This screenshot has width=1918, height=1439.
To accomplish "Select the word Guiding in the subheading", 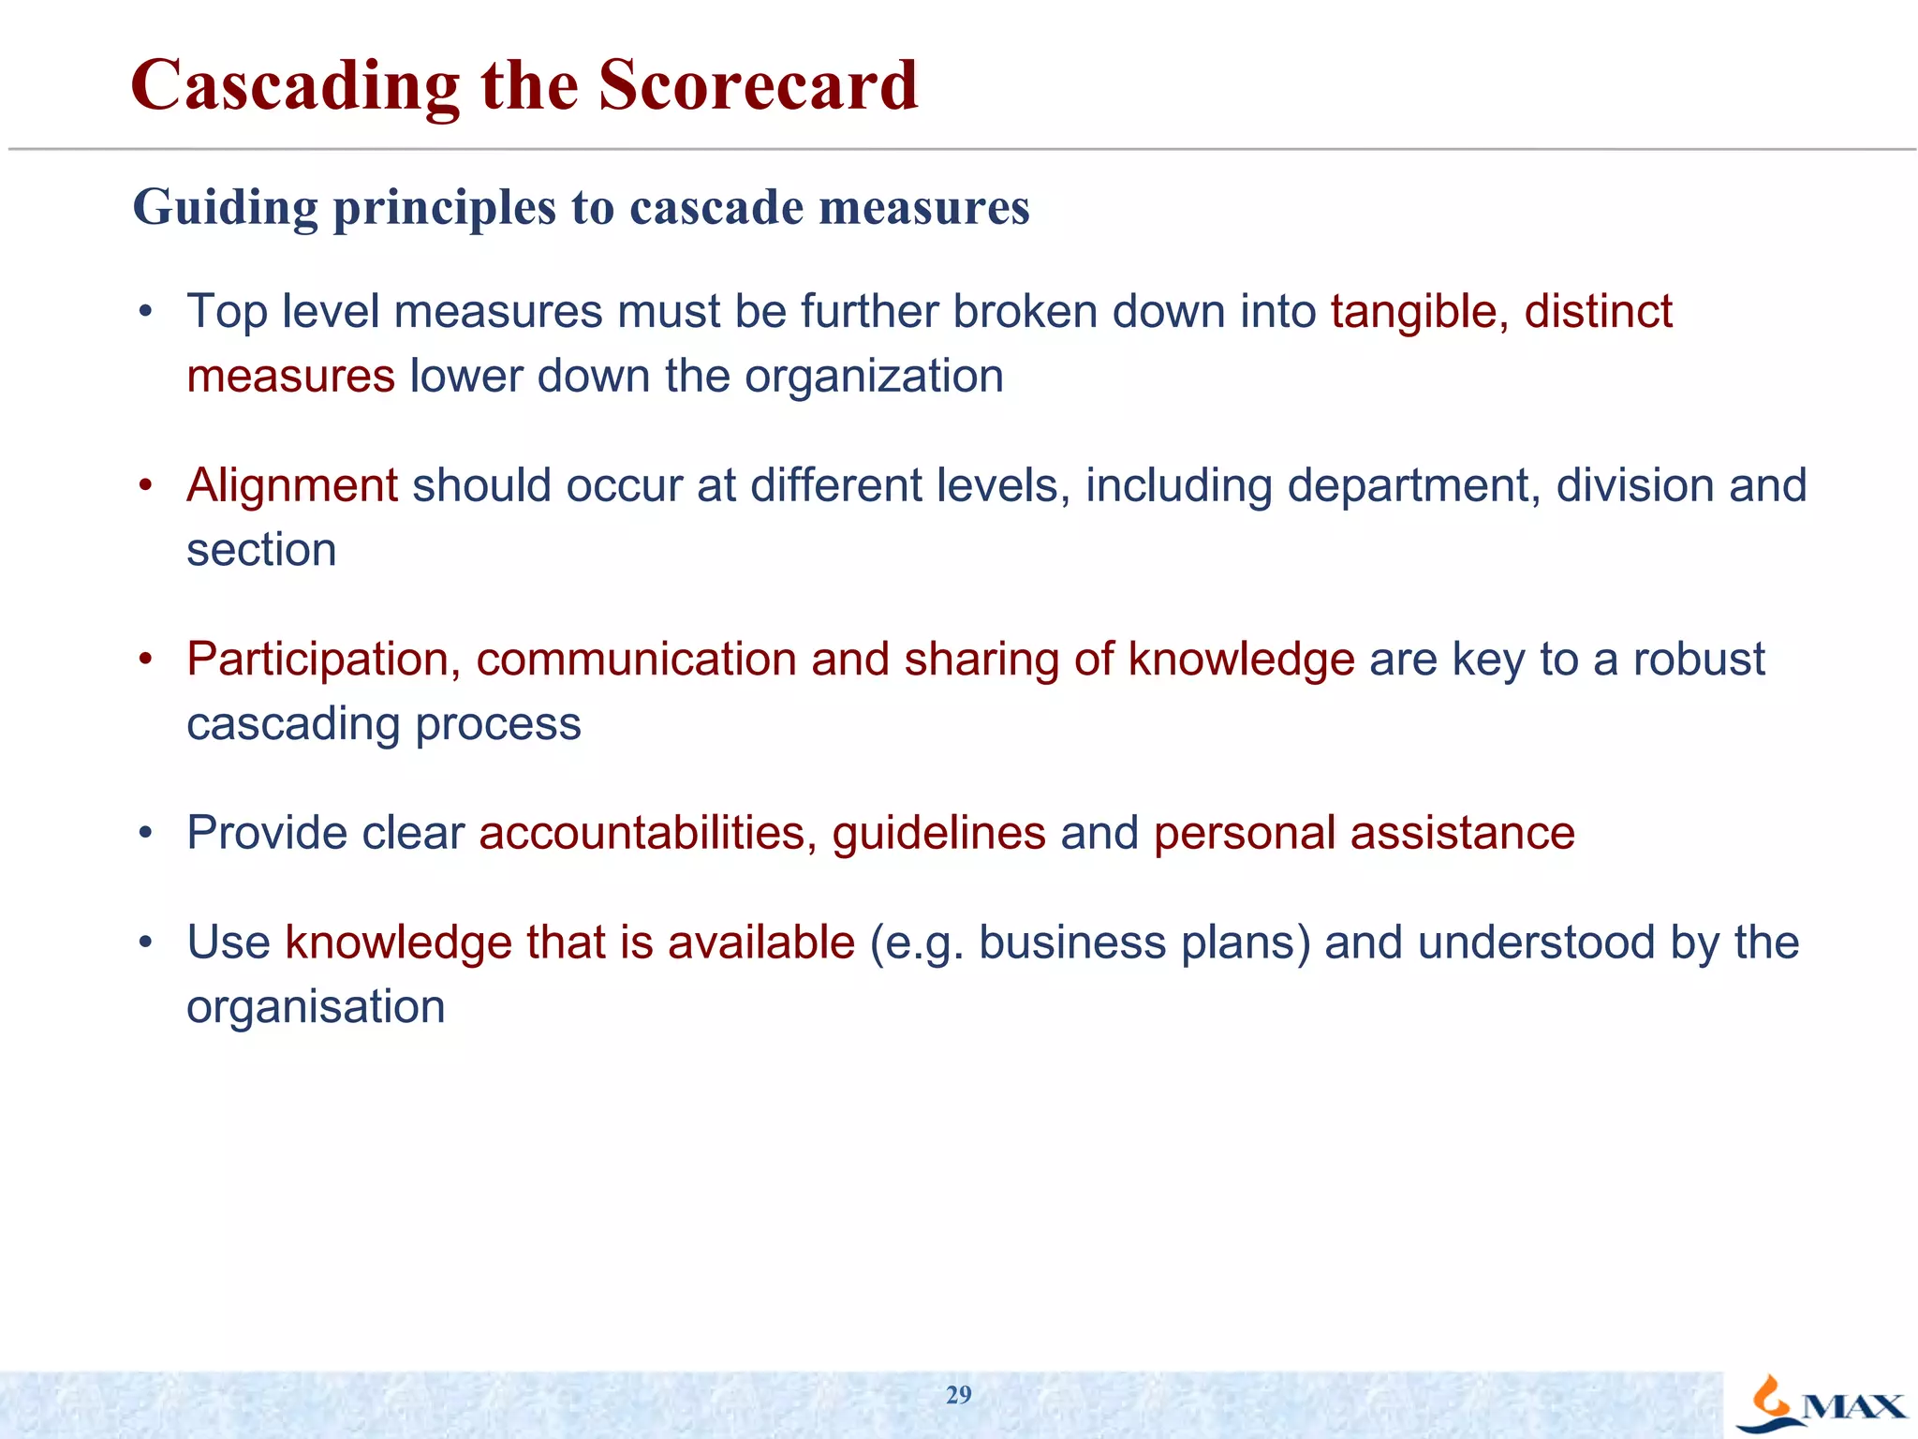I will (226, 208).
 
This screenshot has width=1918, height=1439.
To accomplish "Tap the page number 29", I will (958, 1395).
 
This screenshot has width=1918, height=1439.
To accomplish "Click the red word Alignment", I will (292, 486).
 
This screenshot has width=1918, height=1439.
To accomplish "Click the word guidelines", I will (938, 833).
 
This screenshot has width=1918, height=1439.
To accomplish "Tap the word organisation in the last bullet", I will (316, 1007).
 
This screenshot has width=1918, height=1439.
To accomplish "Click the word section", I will (261, 550).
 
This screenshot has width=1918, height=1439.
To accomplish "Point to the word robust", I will (1698, 660).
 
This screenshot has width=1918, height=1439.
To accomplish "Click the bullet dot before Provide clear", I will (145, 833).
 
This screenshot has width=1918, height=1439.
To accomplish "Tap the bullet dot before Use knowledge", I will (145, 942).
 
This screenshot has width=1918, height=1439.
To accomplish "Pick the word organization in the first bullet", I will (874, 377).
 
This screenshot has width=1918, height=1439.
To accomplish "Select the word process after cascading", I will (497, 724).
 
